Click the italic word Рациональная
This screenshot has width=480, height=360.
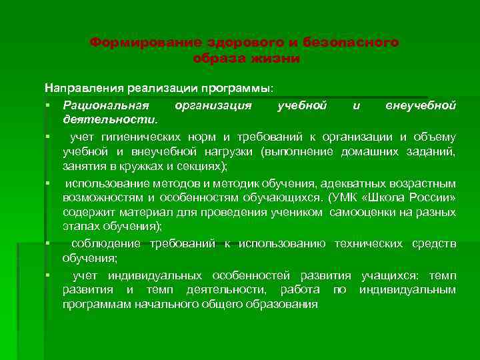106,105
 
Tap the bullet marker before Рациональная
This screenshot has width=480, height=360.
49,105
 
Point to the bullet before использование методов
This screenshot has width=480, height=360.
49,183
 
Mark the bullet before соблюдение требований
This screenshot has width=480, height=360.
49,243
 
